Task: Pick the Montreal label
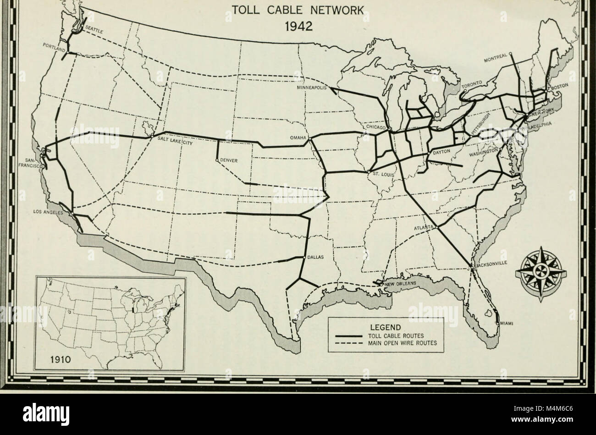click(495, 59)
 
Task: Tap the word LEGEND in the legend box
click(386, 327)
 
